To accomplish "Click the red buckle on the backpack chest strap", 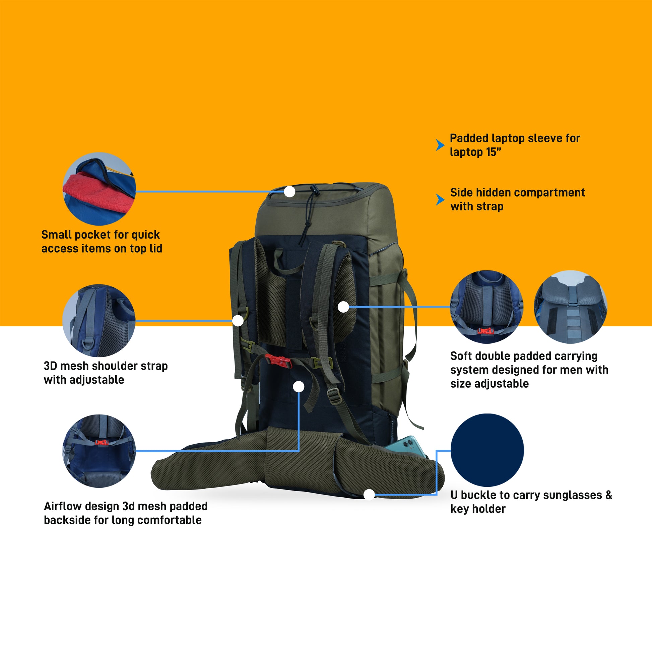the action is coord(278,361).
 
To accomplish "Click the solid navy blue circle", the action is coord(487,451).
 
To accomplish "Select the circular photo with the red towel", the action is coord(99,189).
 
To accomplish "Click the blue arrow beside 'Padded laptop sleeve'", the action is coord(440,145).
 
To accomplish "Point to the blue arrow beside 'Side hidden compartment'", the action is coord(440,199).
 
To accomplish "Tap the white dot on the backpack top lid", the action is coord(289,192).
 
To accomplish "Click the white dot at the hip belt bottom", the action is coord(369,495).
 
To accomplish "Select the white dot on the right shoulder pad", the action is coord(343,307).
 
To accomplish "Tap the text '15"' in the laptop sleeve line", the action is coord(494,152).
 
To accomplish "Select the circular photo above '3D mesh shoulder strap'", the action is coord(99,320).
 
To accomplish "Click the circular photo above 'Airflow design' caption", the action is coord(99,451).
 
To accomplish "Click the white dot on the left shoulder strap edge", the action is coord(238,320).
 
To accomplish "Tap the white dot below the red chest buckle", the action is coord(299,386).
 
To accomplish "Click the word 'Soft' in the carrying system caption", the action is coord(461,356).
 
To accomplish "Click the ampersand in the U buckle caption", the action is coord(608,495).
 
